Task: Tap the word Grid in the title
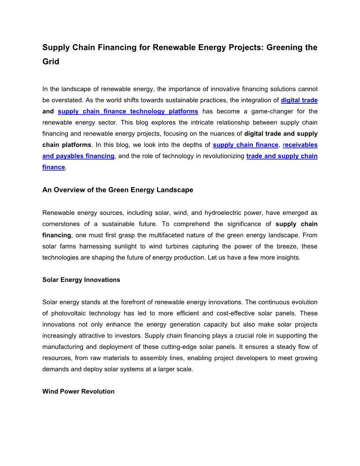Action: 51,62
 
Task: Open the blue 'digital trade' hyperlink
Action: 299,100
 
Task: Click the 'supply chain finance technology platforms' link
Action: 128,111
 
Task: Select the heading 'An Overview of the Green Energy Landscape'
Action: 118,190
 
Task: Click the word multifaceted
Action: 197,235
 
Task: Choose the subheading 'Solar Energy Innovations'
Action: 81,280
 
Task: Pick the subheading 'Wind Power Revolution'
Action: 79,391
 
